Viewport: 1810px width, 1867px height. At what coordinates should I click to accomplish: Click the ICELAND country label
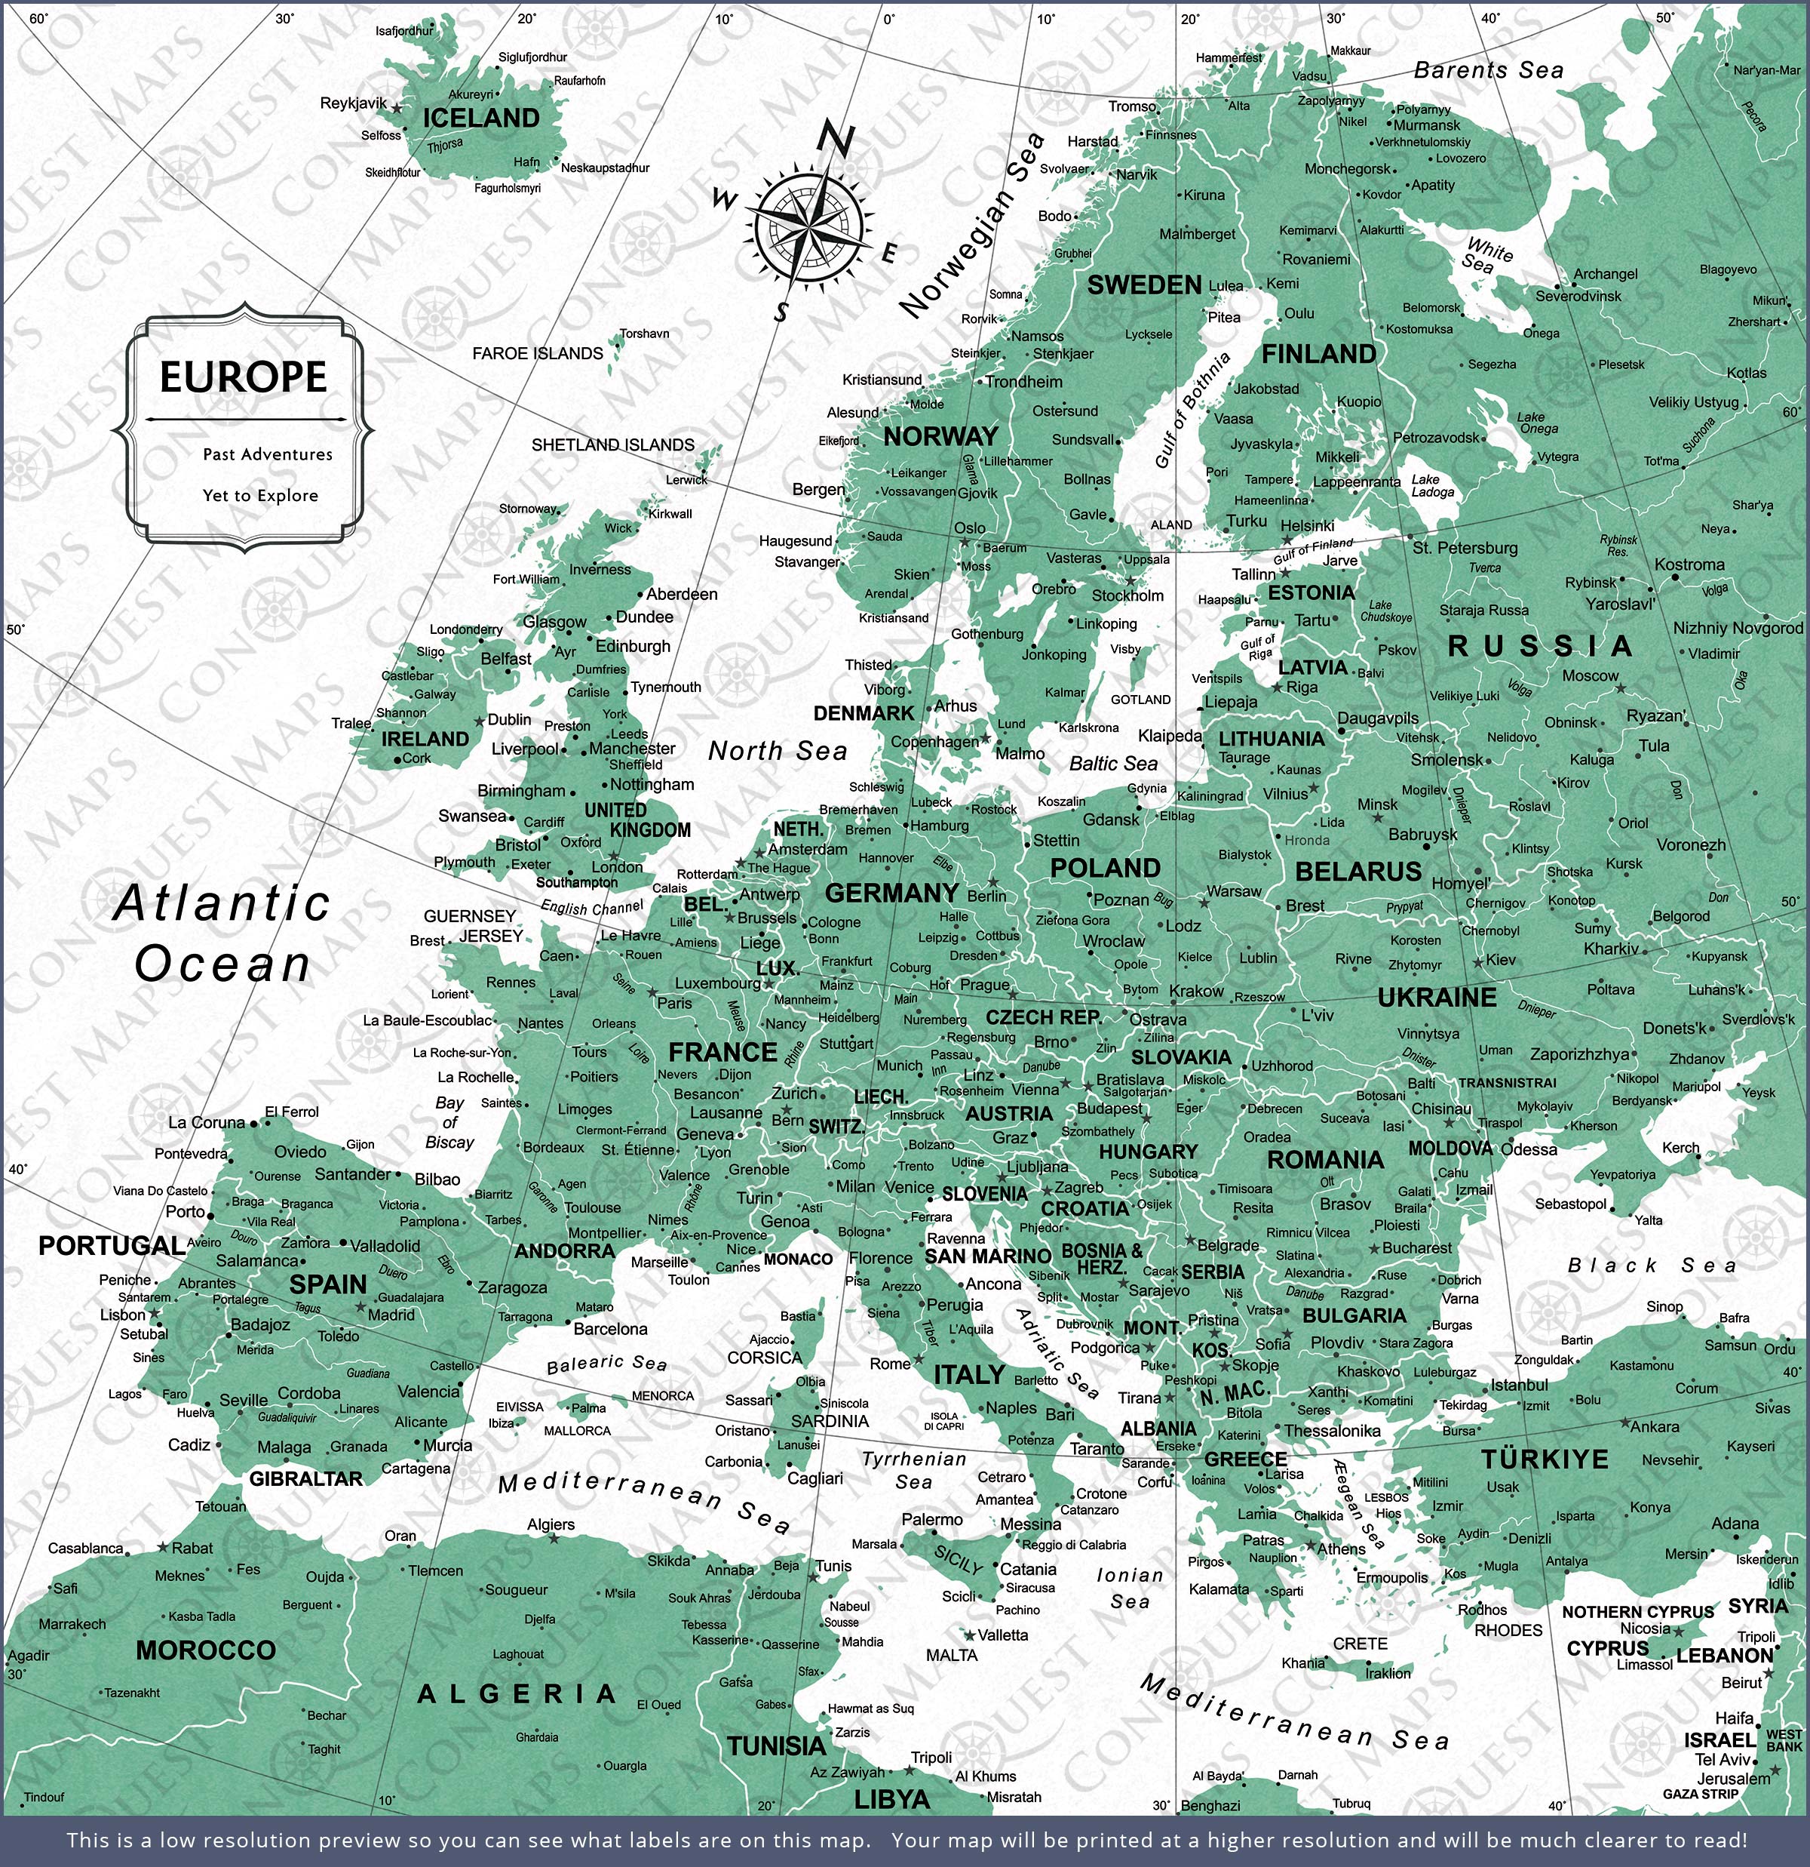click(481, 118)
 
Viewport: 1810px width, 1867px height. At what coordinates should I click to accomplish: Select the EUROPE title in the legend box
click(243, 377)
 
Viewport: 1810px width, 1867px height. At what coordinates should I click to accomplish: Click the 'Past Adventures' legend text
click(268, 454)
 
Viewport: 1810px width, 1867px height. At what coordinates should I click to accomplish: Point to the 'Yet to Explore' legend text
click(260, 495)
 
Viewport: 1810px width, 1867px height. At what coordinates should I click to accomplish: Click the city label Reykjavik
click(353, 103)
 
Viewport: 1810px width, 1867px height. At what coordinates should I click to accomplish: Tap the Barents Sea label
click(1488, 70)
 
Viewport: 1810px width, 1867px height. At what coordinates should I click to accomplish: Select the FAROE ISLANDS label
click(537, 353)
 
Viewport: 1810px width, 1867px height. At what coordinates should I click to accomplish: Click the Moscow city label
click(1589, 675)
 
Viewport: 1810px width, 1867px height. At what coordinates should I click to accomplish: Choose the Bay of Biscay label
click(449, 1122)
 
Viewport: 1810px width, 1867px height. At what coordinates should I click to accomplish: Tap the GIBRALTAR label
click(305, 1478)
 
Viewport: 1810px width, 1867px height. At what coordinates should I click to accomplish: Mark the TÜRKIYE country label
click(1545, 1459)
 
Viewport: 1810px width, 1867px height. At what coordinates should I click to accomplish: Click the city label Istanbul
click(1519, 1385)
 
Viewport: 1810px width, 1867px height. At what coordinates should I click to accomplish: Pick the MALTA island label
click(951, 1656)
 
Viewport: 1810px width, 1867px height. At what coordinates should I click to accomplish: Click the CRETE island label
click(1360, 1644)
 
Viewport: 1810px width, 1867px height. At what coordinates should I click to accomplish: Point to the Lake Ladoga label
click(1432, 486)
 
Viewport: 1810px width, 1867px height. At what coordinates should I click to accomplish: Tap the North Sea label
click(777, 752)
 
